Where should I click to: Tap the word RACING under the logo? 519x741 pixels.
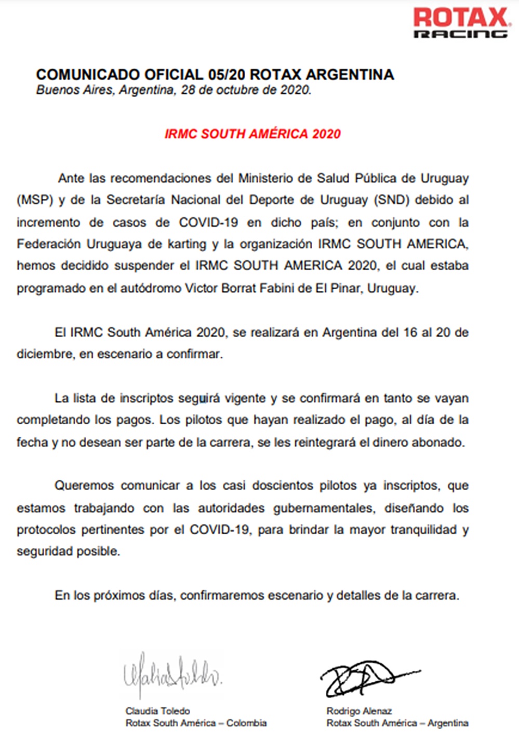(460, 34)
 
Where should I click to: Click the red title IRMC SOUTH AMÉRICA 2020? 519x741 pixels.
(252, 134)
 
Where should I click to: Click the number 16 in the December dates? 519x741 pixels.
(410, 332)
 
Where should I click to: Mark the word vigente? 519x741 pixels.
(245, 398)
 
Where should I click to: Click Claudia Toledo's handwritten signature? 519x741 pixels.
(172, 675)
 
